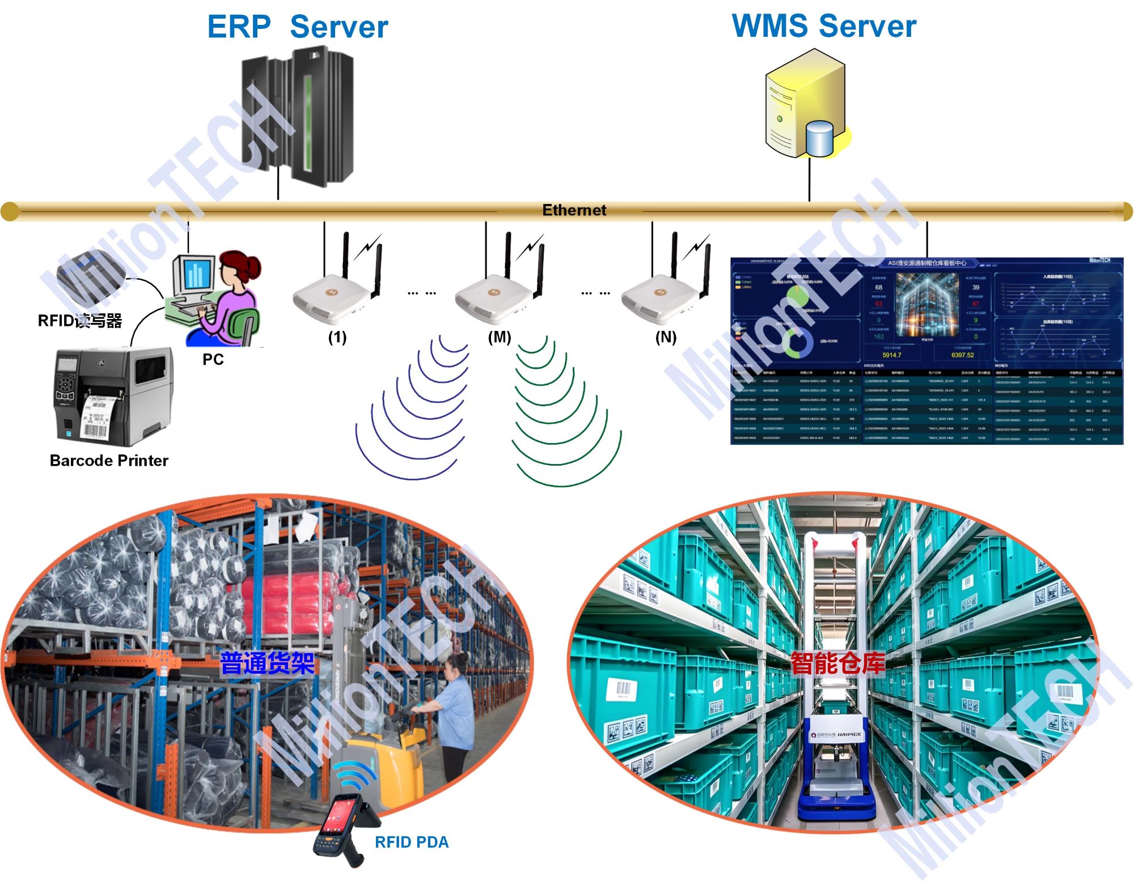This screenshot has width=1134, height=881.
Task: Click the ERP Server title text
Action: click(297, 27)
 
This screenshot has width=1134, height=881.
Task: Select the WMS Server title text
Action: click(824, 26)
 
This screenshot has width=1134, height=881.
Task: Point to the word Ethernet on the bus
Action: click(574, 210)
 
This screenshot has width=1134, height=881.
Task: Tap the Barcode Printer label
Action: click(109, 461)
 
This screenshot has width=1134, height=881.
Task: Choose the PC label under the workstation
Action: click(213, 359)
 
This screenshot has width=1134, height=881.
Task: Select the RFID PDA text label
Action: click(412, 842)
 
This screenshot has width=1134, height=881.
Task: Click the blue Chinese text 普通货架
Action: click(267, 663)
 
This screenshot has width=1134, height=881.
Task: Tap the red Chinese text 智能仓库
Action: click(837, 663)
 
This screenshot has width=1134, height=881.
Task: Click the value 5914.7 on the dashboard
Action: click(891, 355)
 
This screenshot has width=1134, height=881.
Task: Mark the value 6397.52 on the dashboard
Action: click(962, 355)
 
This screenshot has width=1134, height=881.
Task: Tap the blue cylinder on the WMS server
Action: click(819, 139)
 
